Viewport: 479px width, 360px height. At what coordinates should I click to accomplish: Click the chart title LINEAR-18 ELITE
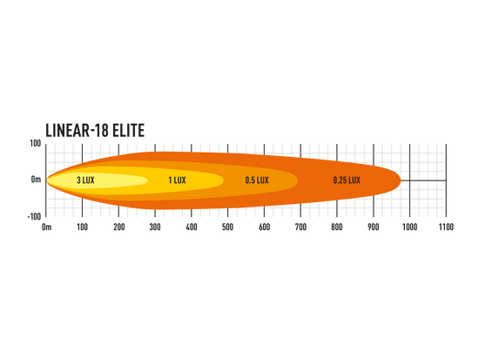click(x=95, y=130)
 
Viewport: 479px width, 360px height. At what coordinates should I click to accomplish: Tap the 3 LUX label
click(x=85, y=180)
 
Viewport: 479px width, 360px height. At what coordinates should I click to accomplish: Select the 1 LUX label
click(x=177, y=180)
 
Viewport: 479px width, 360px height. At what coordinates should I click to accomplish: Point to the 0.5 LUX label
click(x=257, y=180)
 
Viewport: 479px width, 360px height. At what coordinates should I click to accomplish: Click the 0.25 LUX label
click(x=347, y=180)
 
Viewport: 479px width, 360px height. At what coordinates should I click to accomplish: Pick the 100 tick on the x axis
click(x=82, y=227)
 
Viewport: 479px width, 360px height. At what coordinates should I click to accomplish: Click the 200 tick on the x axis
click(x=118, y=227)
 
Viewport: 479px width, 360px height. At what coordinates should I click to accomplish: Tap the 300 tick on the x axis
click(x=155, y=227)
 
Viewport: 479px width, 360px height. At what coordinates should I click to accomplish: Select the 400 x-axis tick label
click(x=192, y=227)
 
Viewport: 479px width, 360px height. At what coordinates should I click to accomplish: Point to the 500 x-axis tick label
click(x=228, y=227)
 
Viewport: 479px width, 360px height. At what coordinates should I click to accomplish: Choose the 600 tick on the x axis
click(x=264, y=227)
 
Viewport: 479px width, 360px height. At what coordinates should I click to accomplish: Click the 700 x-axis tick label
click(x=300, y=227)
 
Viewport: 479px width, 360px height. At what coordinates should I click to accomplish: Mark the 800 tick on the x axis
click(x=337, y=227)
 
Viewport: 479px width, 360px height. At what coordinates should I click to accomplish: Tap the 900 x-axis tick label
click(x=374, y=227)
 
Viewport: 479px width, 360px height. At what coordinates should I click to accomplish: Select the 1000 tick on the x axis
click(x=409, y=227)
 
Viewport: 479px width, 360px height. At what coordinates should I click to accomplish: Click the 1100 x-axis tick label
click(x=446, y=227)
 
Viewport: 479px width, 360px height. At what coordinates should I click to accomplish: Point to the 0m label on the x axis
click(x=46, y=227)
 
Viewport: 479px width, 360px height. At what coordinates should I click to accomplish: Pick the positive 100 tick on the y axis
click(x=36, y=144)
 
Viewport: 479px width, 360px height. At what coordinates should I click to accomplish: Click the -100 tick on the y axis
click(x=34, y=216)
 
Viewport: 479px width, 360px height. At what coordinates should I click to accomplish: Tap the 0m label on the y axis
click(x=36, y=180)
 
